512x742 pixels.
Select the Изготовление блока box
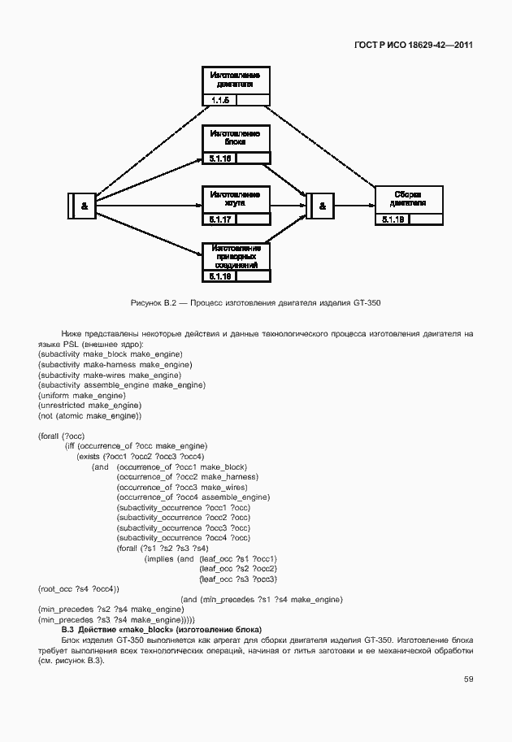point(235,137)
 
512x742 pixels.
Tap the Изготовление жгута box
point(235,199)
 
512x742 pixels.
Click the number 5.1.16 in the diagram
point(220,158)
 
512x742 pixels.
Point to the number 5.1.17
point(220,219)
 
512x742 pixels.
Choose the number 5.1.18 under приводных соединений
point(220,277)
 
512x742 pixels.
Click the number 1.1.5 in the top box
point(220,101)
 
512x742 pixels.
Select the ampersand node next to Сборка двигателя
point(322,206)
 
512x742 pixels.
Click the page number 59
point(468,679)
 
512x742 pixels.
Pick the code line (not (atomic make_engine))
point(89,415)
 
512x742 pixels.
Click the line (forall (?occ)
point(61,436)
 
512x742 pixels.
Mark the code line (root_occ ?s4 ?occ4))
point(79,588)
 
